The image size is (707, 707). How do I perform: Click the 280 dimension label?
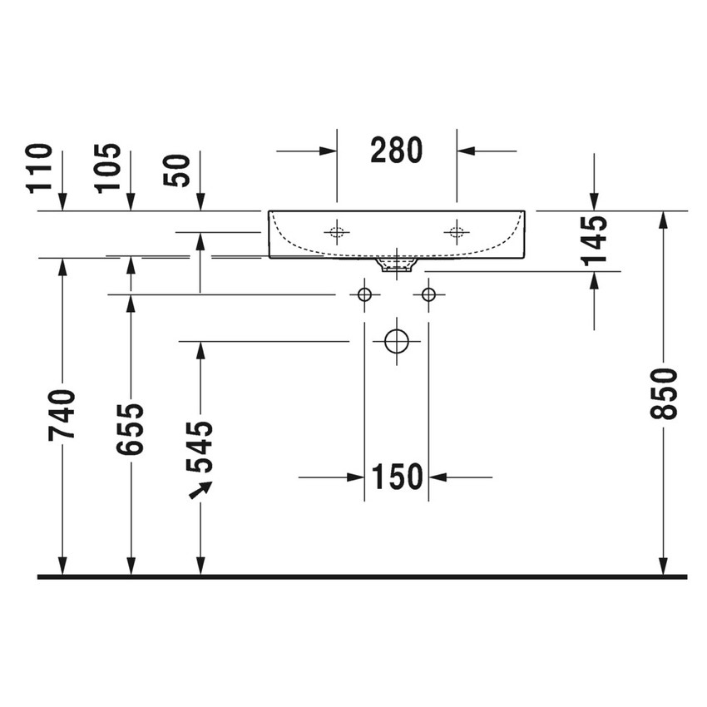click(x=397, y=151)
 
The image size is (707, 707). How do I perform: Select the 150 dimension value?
click(x=397, y=477)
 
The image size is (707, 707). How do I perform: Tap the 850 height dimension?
click(x=666, y=393)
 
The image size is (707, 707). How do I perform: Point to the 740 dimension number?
click(x=62, y=414)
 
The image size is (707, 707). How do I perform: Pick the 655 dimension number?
click(x=131, y=429)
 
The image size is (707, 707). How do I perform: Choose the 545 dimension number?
click(x=200, y=447)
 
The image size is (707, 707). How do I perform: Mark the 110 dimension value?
click(x=40, y=168)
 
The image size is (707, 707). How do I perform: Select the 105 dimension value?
click(x=108, y=168)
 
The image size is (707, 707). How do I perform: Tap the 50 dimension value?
click(x=178, y=170)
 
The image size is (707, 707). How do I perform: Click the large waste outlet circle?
click(x=397, y=341)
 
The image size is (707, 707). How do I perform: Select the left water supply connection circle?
click(x=364, y=294)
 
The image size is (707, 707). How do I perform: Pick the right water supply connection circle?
click(x=428, y=294)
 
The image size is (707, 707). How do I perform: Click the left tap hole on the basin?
click(x=337, y=232)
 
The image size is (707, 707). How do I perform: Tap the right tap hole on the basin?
click(x=456, y=232)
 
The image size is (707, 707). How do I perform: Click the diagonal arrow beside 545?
click(x=200, y=489)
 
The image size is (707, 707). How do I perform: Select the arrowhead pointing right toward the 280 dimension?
click(x=328, y=151)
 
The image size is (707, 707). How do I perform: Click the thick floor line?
click(x=362, y=576)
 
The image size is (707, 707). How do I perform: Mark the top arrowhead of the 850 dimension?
click(x=663, y=219)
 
